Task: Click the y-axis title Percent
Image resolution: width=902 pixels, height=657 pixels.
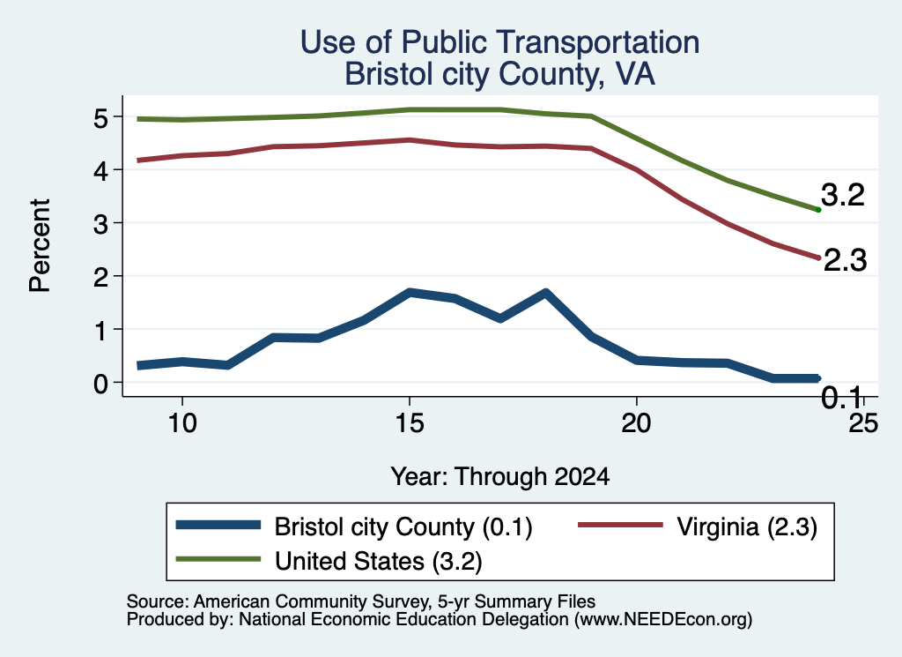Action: [41, 245]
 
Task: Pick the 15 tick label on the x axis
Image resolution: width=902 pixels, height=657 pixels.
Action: [410, 423]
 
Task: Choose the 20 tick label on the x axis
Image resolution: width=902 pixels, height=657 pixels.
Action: [636, 423]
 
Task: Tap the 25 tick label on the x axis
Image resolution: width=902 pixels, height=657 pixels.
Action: [863, 423]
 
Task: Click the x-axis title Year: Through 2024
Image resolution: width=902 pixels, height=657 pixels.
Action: [500, 477]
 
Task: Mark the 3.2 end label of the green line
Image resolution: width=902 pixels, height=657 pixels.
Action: [843, 195]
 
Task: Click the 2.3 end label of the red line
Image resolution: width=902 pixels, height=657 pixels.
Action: [845, 260]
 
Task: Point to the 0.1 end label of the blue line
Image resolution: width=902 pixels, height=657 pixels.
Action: [842, 398]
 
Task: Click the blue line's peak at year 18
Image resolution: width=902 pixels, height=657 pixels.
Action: [545, 294]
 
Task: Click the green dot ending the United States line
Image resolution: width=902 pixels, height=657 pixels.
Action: [818, 210]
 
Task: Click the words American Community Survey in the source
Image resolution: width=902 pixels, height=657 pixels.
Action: [311, 601]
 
